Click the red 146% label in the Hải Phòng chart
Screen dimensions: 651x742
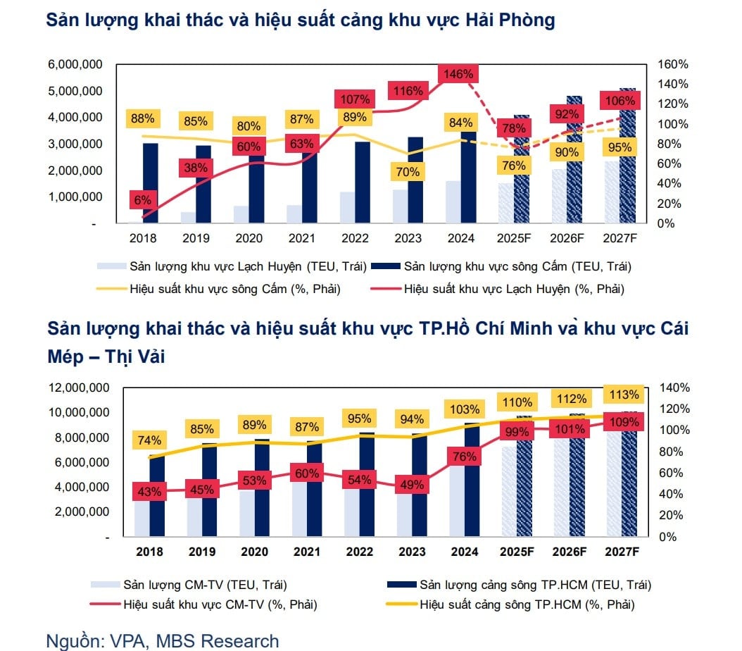[459, 74]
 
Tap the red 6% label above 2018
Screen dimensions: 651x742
[142, 199]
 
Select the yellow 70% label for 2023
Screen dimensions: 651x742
[407, 172]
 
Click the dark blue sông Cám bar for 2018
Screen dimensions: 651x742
[150, 183]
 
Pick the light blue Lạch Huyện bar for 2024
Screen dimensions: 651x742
[453, 202]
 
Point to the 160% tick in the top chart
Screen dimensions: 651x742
[672, 64]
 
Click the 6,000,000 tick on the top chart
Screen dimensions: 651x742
[75, 64]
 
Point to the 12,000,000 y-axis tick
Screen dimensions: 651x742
[78, 388]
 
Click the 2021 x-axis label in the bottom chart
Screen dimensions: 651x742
[306, 552]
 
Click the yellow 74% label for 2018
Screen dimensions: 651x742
[149, 440]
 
